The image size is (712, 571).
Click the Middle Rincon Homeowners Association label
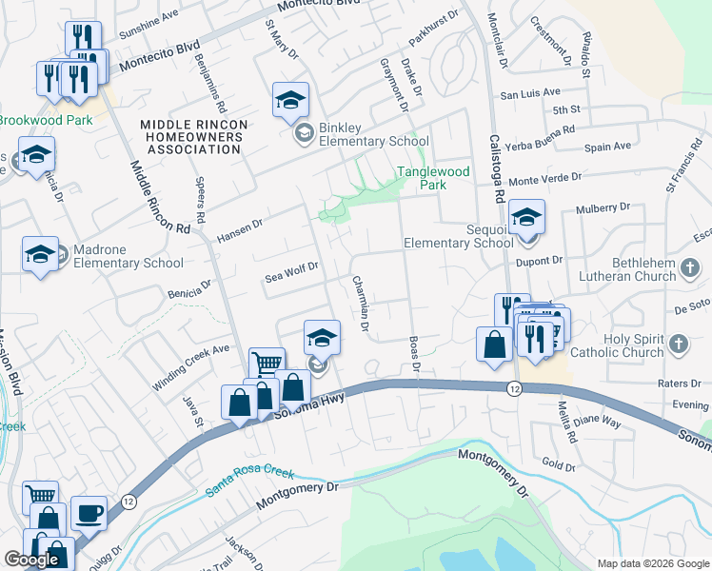click(x=193, y=136)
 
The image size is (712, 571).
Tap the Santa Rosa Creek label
click(x=249, y=482)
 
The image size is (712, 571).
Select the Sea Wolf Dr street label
click(x=290, y=276)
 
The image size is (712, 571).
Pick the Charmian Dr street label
click(x=360, y=303)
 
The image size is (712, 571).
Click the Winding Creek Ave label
click(x=190, y=368)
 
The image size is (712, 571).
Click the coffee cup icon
click(x=89, y=512)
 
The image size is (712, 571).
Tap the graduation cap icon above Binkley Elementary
click(x=290, y=99)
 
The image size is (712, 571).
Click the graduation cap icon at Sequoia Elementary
click(x=525, y=217)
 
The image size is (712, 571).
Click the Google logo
click(x=31, y=560)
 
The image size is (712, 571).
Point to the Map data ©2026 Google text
click(x=652, y=563)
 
